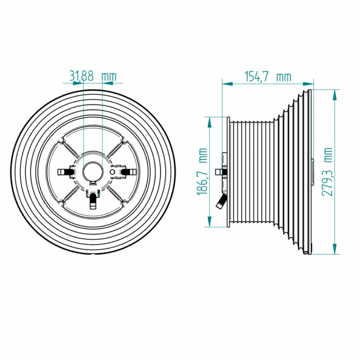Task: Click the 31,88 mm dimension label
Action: point(93,76)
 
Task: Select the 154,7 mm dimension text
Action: point(268,77)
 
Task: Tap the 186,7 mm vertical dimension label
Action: point(202,172)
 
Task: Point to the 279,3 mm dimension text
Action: point(327,172)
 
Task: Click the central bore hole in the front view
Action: point(93,172)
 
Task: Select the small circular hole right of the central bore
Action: point(113,172)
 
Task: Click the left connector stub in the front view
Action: point(65,172)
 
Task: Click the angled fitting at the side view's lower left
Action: point(221,202)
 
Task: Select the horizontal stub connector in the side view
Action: point(221,172)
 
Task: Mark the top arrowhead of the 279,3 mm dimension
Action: point(335,95)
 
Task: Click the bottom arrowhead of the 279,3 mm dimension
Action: point(335,249)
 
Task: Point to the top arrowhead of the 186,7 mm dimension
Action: point(209,122)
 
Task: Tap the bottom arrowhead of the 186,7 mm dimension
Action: point(209,222)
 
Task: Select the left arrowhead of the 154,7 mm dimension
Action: point(227,84)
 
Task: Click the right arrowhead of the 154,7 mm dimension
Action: point(308,84)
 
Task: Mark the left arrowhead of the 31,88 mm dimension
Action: point(78,83)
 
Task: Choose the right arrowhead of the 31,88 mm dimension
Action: point(107,83)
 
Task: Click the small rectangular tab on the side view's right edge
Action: point(313,172)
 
